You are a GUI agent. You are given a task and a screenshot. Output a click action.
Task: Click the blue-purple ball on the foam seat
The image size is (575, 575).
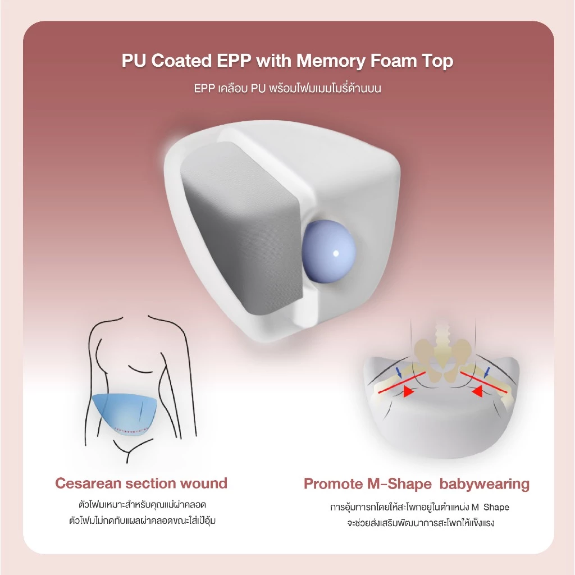tap(328, 252)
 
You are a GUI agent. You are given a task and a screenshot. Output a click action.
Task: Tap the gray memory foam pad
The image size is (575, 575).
tap(242, 229)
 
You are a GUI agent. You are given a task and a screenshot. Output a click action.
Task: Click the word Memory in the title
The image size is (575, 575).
tap(330, 61)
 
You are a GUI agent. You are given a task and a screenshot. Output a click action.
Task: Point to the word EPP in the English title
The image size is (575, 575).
tap(234, 61)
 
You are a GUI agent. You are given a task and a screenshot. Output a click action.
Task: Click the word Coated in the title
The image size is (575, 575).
tap(181, 61)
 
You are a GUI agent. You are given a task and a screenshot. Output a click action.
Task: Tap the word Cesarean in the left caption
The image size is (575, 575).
tap(88, 483)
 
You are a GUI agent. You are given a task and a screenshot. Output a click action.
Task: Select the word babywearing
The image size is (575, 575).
tap(485, 485)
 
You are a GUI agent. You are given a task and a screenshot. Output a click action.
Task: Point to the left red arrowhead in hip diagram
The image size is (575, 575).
tap(408, 391)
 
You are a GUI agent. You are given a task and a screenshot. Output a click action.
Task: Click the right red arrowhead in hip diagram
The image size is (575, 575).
tap(477, 391)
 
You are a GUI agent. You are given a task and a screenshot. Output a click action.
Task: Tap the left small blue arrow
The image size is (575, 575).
tap(399, 373)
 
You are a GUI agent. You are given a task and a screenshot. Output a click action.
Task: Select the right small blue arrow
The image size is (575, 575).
tap(487, 372)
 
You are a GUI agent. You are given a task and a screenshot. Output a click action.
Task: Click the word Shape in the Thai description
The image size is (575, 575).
tap(496, 507)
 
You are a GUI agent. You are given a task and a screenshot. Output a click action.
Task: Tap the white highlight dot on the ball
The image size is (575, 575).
tap(336, 253)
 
